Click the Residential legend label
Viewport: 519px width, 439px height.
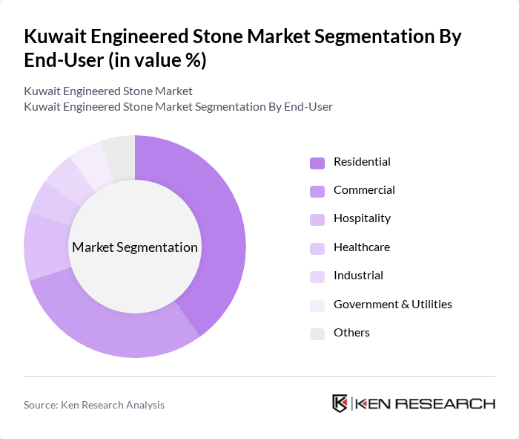coord(362,162)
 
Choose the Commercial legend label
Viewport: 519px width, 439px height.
coord(364,190)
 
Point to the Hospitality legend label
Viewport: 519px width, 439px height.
coord(362,218)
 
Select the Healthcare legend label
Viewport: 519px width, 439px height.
coord(361,247)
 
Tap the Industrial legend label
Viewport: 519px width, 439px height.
coord(358,276)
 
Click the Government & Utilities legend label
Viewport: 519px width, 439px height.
coord(392,304)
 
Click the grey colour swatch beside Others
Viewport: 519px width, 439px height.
coord(317,334)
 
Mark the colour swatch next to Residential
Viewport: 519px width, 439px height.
coord(317,163)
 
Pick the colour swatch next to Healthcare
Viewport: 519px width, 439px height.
coord(317,248)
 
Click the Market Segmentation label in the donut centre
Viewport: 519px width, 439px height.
coord(135,247)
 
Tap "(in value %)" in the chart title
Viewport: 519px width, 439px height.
coord(157,61)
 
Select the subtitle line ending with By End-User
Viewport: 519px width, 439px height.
coord(178,106)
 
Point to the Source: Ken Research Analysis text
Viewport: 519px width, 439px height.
coord(94,405)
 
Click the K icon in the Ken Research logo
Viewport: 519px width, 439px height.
coord(340,403)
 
